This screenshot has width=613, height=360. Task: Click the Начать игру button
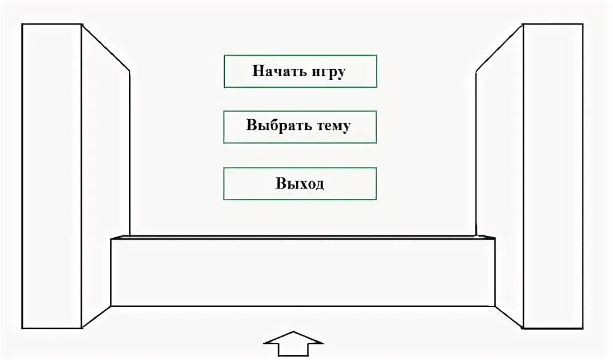click(300, 71)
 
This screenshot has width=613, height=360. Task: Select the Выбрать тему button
click(300, 127)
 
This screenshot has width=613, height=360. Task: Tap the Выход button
click(300, 183)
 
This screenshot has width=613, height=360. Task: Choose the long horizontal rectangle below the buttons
click(302, 272)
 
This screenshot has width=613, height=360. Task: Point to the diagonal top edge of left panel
click(106, 48)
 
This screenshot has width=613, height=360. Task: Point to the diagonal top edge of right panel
click(499, 48)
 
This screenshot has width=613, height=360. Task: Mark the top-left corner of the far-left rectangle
click(22, 24)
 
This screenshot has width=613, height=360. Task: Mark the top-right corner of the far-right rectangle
click(582, 24)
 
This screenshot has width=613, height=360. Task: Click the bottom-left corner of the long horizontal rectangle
click(111, 306)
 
